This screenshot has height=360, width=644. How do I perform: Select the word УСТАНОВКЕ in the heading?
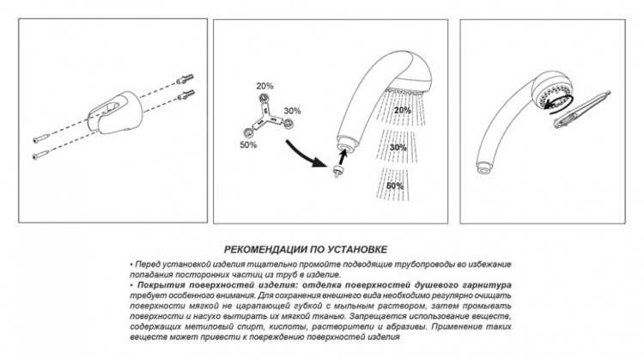click(355, 244)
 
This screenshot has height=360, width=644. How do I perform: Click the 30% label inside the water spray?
click(399, 147)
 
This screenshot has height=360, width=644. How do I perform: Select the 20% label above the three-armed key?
click(264, 86)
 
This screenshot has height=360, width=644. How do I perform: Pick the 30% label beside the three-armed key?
click(291, 110)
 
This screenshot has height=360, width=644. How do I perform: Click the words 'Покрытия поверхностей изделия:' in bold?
click(192, 284)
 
